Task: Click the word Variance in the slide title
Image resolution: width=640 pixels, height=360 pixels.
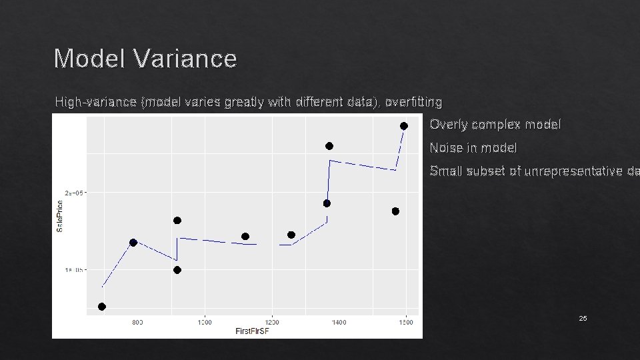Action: tap(185, 59)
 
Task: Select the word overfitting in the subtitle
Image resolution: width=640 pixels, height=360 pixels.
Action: tap(413, 102)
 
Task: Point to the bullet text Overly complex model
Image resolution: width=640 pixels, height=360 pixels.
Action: tap(495, 125)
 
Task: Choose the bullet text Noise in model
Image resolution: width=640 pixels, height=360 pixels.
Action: tap(473, 147)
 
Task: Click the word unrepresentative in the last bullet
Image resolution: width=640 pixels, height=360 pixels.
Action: tap(573, 171)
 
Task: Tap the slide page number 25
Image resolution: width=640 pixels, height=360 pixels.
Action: tap(583, 319)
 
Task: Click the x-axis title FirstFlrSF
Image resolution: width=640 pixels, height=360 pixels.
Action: tap(253, 331)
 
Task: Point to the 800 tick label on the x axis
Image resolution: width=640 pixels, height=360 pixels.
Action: tap(137, 322)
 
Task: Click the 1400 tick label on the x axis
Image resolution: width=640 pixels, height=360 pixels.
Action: tap(339, 322)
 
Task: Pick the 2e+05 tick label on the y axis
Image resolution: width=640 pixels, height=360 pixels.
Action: tap(74, 193)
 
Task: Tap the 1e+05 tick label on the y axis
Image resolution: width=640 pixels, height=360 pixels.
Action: tap(74, 270)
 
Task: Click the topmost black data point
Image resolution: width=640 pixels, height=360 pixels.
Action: tap(403, 126)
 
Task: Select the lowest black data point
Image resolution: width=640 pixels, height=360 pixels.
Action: tap(102, 307)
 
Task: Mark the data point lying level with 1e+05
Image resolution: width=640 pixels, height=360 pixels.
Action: tap(177, 270)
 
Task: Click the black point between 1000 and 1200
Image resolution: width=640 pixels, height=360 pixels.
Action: tap(245, 237)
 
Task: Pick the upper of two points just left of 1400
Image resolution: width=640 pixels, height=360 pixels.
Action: tap(329, 146)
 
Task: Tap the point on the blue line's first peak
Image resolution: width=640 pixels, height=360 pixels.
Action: tap(133, 243)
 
